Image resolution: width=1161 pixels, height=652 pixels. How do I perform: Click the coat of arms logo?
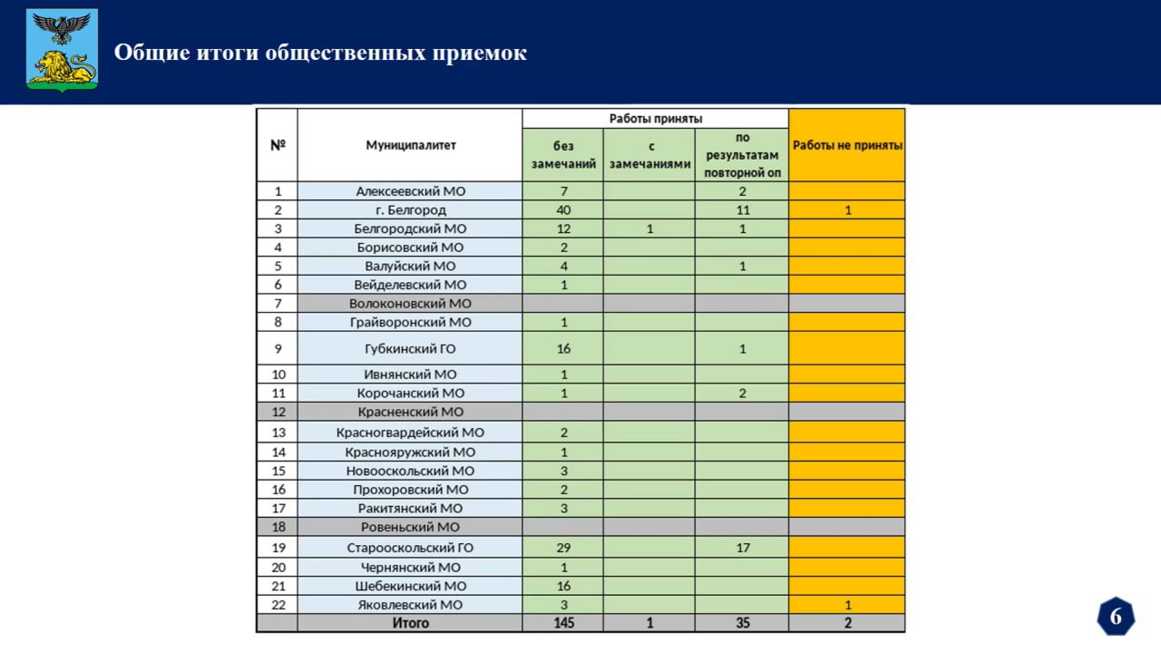click(62, 51)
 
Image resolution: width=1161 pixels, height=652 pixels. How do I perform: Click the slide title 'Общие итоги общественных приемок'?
click(320, 53)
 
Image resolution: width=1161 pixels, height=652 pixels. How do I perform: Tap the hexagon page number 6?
click(1116, 617)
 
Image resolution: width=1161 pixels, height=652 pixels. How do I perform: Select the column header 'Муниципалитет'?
click(411, 145)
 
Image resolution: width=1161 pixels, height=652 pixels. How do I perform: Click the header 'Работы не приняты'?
click(847, 145)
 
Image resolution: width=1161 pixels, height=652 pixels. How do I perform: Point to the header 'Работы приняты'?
click(655, 119)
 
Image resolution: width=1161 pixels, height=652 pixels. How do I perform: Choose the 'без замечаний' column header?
click(563, 155)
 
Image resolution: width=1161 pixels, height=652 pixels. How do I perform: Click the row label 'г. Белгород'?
click(411, 210)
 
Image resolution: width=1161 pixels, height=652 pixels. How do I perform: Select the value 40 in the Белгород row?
click(563, 210)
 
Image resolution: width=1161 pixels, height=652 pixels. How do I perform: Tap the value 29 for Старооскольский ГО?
click(563, 548)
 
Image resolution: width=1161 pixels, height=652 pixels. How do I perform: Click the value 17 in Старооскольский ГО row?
click(742, 548)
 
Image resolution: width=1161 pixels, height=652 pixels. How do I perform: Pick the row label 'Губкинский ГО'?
click(411, 348)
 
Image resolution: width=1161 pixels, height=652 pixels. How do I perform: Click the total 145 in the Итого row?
click(563, 623)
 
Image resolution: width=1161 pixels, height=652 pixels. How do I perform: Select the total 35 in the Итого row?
click(742, 623)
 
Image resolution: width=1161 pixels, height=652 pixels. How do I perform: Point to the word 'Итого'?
click(411, 623)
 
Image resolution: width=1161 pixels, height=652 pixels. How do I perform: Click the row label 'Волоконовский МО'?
click(411, 304)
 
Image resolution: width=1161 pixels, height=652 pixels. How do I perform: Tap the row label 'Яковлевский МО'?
click(411, 605)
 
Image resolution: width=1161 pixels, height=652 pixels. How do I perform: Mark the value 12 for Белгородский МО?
click(563, 229)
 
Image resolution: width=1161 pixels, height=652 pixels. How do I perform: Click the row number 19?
click(278, 548)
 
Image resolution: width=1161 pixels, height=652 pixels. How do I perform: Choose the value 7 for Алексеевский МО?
click(563, 191)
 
